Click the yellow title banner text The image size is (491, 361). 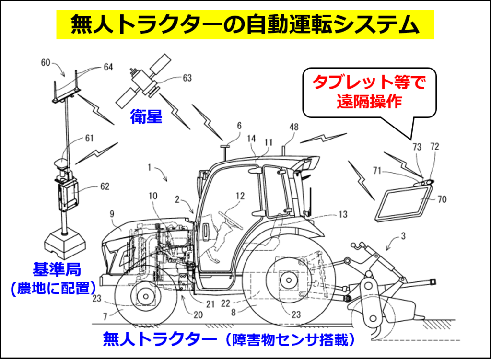click(245, 25)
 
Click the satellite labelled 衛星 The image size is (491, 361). click(143, 81)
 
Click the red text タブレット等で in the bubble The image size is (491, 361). click(369, 82)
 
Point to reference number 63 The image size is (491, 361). click(187, 78)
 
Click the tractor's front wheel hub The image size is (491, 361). click(145, 296)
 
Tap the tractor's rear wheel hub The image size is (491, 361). click(289, 280)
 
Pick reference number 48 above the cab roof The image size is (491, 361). click(294, 127)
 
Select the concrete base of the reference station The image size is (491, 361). click(65, 242)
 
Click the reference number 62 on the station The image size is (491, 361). click(105, 186)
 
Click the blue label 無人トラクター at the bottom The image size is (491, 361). click(160, 339)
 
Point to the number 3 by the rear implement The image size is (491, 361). click(403, 236)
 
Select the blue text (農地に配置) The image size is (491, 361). click(53, 288)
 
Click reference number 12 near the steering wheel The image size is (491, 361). click(240, 196)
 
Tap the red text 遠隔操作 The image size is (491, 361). click(369, 102)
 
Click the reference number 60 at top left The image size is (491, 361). click(46, 63)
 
